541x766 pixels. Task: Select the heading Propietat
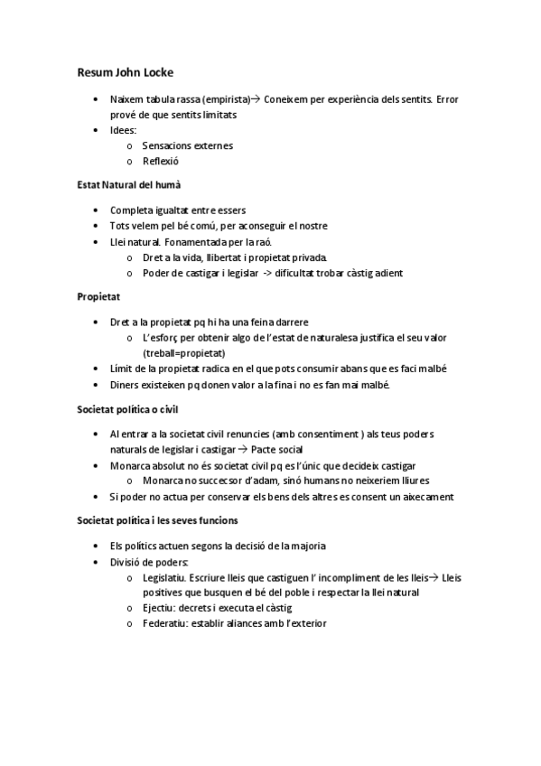[98, 295]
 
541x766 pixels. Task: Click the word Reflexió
[161, 161]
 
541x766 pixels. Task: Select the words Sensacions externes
[187, 145]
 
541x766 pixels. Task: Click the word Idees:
[123, 130]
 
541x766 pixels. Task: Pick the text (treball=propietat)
[183, 352]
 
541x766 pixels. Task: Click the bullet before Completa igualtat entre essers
[97, 210]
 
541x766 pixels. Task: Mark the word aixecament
[425, 496]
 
